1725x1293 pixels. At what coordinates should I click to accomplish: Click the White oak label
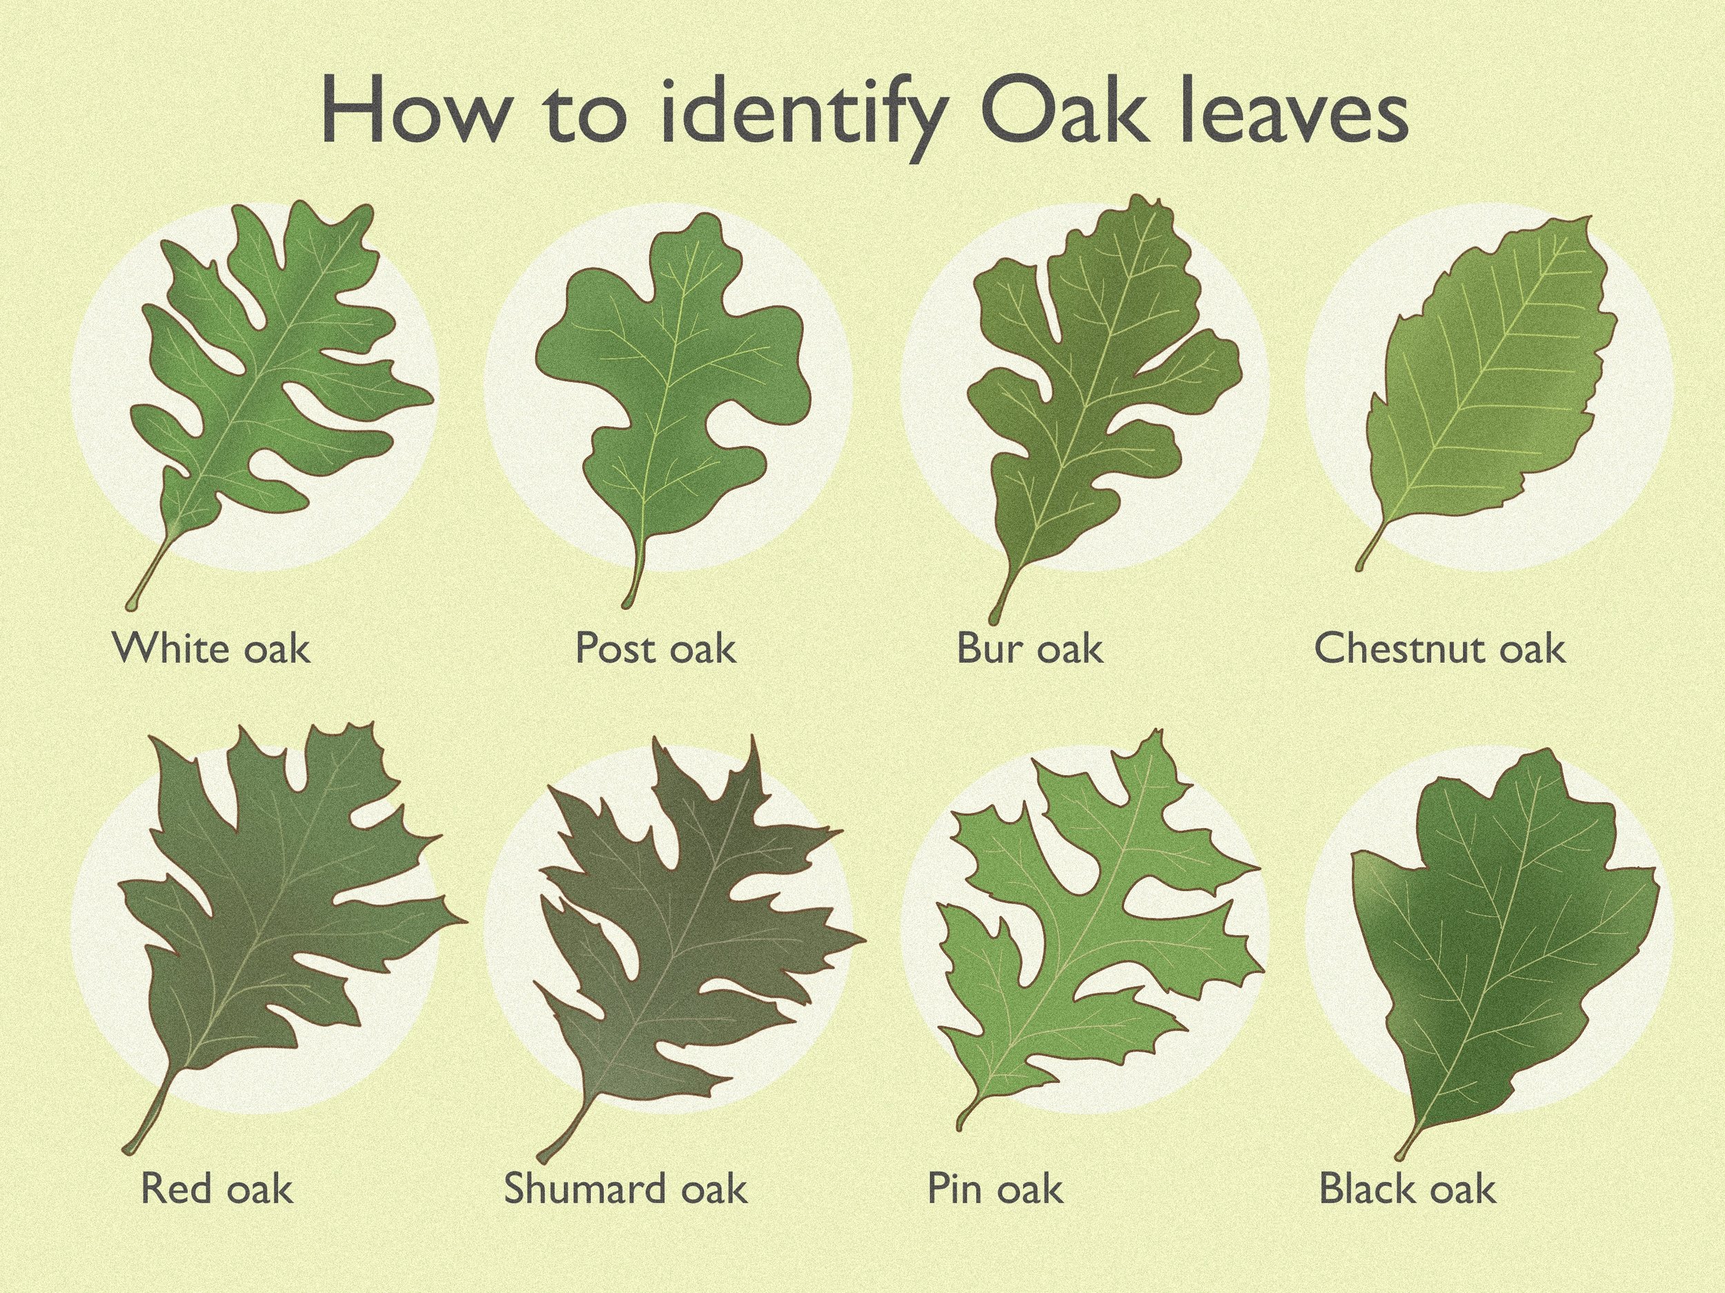(x=211, y=648)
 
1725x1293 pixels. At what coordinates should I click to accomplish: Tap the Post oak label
(x=655, y=648)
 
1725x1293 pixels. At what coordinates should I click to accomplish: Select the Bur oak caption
(x=1029, y=648)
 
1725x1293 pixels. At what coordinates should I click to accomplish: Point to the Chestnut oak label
(x=1439, y=648)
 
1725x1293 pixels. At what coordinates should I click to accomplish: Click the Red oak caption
(x=217, y=1189)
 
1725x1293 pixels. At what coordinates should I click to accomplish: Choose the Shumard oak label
(x=625, y=1189)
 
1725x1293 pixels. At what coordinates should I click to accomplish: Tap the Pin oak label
(x=994, y=1189)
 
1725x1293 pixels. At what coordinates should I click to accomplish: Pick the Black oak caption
(x=1408, y=1189)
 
